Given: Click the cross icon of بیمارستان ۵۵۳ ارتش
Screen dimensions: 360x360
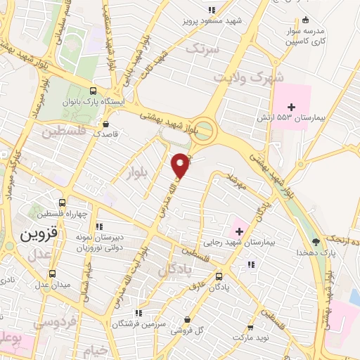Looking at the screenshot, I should coord(292,106).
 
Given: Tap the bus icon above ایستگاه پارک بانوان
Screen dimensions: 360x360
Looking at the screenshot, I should coord(93,91).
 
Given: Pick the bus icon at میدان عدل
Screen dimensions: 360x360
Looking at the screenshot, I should coord(51,274).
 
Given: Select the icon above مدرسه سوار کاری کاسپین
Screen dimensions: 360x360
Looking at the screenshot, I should coord(304,21).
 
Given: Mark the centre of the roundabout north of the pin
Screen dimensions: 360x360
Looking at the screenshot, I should coord(203,129).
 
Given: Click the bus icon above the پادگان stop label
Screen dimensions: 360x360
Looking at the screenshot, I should coord(219,276).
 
